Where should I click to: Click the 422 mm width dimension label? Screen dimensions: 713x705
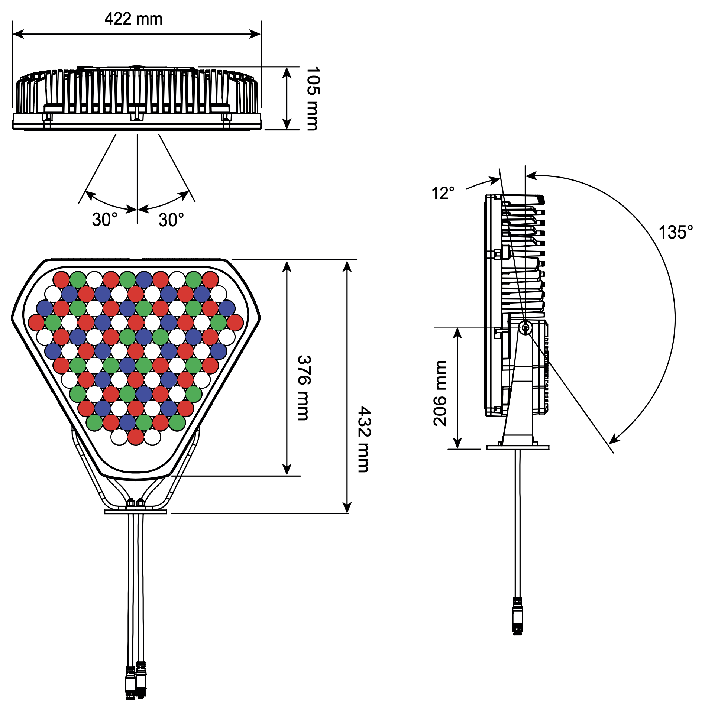[133, 19]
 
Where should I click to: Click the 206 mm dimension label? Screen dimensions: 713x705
[440, 393]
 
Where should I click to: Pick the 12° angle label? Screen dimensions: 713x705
[443, 193]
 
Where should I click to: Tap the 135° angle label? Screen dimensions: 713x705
[675, 232]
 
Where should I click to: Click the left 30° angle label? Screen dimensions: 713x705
[104, 219]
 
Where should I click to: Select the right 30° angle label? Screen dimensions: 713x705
[171, 220]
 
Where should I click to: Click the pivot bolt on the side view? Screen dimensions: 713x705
[525, 328]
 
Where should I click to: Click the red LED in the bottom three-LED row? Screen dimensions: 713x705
[136, 437]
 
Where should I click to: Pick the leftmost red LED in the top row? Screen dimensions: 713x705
[61, 279]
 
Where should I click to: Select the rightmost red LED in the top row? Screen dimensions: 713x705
[210, 279]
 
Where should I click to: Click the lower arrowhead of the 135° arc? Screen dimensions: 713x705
[614, 438]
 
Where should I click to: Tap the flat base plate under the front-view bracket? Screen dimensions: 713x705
[136, 512]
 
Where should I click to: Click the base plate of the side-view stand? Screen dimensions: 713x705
[518, 447]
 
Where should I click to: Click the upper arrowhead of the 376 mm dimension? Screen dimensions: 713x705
[287, 266]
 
